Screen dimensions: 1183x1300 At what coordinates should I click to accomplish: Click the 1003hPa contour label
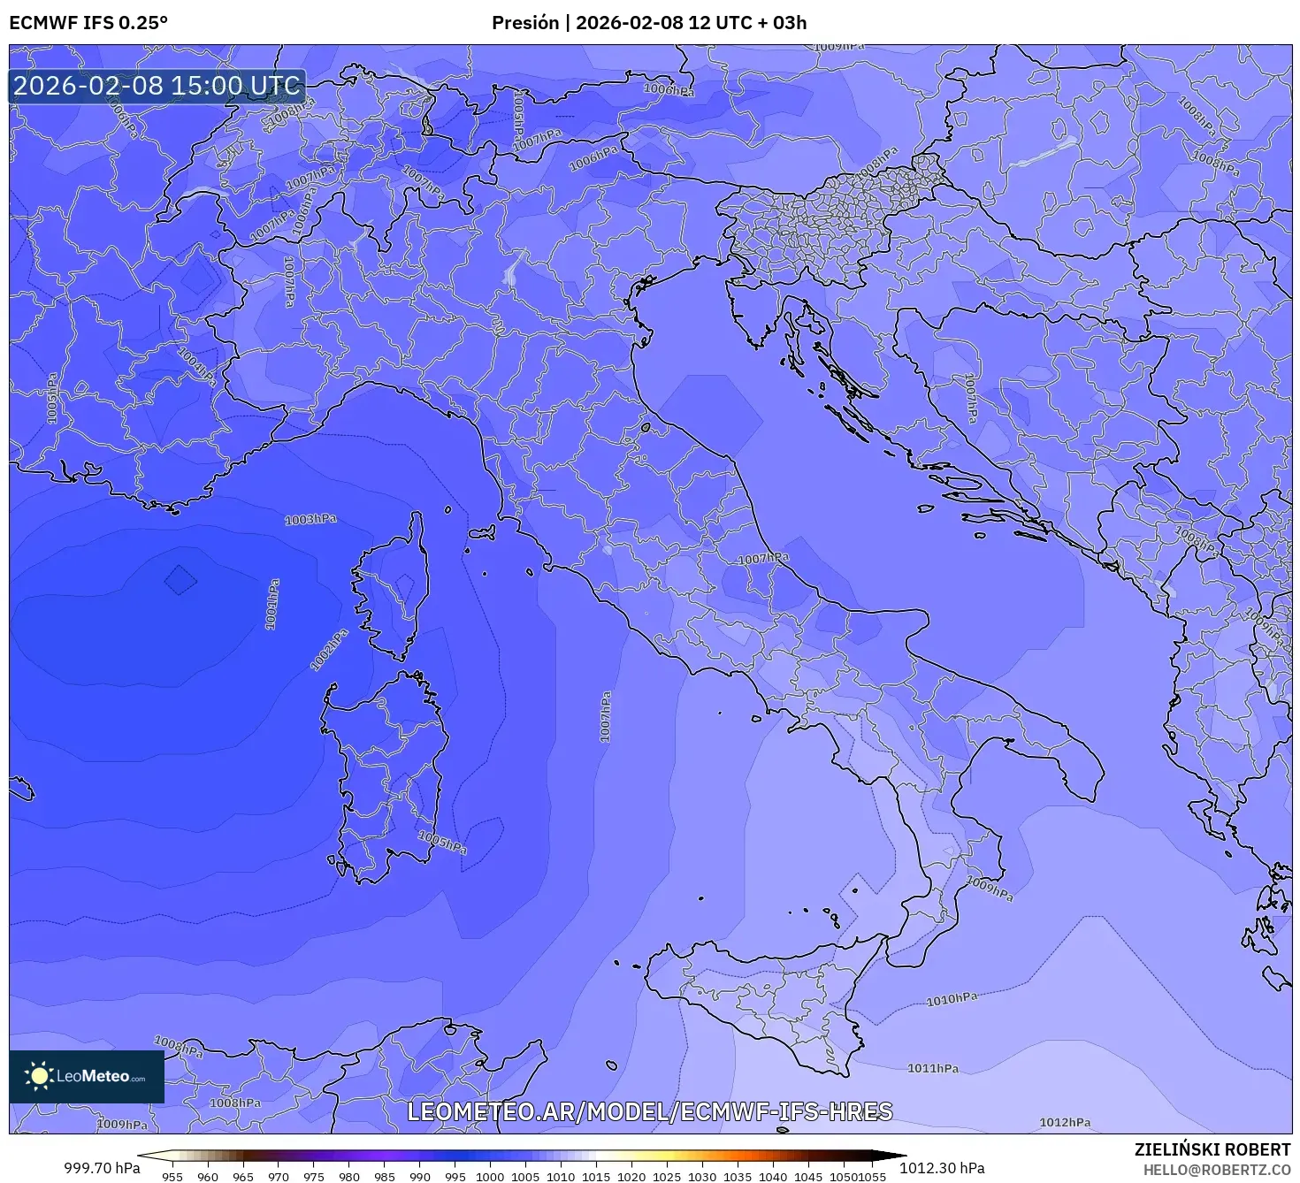click(x=310, y=519)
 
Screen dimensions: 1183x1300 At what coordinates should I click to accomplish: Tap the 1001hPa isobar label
click(x=272, y=605)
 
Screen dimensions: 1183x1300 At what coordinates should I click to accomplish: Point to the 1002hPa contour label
click(x=329, y=650)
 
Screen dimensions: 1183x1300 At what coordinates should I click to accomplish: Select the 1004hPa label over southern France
click(x=196, y=365)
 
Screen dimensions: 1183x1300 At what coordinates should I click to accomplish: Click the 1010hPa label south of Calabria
click(x=952, y=999)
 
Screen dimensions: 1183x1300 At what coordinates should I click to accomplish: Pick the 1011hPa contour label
click(x=932, y=1068)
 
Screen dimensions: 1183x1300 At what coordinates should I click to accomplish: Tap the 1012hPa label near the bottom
click(x=1064, y=1122)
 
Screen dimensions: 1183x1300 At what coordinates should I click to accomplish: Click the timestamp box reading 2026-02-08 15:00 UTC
click(x=157, y=86)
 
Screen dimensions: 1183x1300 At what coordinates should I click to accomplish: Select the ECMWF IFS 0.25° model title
click(x=88, y=23)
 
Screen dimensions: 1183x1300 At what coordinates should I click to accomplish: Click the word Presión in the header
click(x=525, y=23)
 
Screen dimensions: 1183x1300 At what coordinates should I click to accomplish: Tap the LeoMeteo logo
click(x=87, y=1076)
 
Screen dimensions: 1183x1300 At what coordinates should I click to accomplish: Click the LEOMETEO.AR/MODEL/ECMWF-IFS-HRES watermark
click(x=649, y=1111)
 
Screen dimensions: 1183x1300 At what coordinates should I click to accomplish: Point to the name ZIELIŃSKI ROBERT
click(x=1212, y=1149)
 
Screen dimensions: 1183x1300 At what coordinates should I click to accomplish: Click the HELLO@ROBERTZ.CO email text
click(x=1215, y=1169)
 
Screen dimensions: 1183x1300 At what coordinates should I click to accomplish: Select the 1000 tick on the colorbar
click(x=490, y=1176)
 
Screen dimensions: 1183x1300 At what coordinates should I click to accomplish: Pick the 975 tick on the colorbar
click(x=314, y=1176)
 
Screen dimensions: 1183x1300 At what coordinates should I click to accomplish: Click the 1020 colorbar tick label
click(x=631, y=1176)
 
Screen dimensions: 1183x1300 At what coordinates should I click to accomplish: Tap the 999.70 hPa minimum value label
click(x=102, y=1168)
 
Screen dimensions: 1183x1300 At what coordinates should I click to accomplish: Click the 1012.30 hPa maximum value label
click(x=942, y=1168)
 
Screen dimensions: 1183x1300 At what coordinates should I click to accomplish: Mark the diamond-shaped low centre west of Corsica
click(x=180, y=580)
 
